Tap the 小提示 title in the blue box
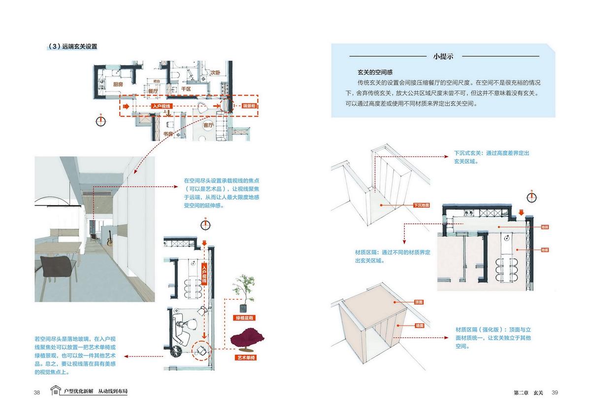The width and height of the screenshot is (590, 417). [443, 56]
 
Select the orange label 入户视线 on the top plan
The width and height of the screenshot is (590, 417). [161, 106]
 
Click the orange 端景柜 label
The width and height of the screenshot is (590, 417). [249, 106]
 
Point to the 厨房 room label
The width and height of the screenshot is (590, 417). [118, 84]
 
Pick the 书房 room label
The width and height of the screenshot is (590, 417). [167, 134]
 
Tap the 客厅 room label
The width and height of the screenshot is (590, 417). [208, 125]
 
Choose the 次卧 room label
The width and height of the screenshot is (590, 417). [215, 73]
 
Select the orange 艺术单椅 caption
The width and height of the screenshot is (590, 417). [246, 357]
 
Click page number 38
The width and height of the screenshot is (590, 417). [37, 392]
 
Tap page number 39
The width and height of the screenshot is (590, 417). [554, 392]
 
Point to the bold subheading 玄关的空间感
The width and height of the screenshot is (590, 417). [375, 72]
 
